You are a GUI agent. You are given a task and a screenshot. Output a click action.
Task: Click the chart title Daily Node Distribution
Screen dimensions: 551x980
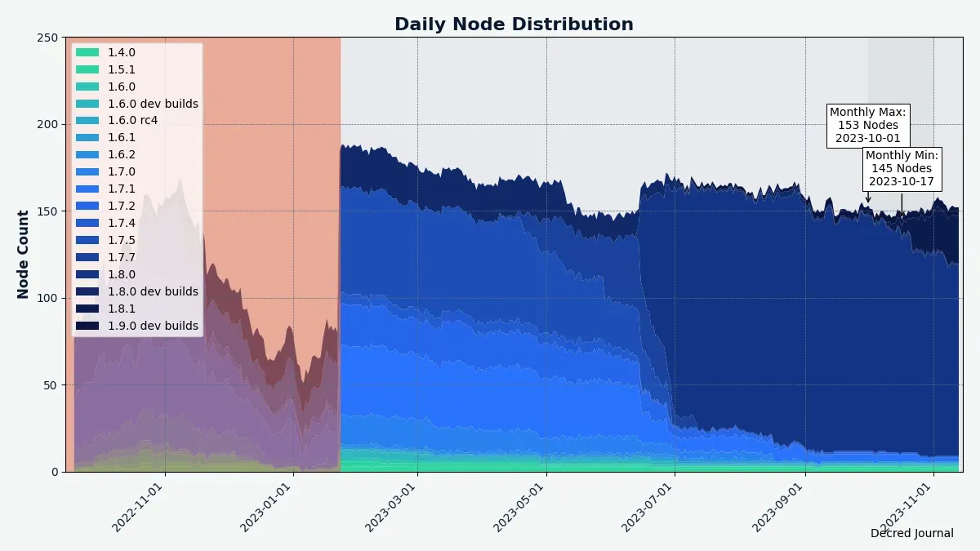(514, 24)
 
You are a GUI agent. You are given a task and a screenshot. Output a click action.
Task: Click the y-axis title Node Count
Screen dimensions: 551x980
(23, 255)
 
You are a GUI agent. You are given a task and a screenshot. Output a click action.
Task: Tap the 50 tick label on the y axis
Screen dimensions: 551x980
(51, 384)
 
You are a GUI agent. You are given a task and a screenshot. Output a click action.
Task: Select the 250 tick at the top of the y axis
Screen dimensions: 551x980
(48, 38)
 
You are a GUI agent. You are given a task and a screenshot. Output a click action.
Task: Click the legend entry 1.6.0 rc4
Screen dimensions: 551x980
(132, 121)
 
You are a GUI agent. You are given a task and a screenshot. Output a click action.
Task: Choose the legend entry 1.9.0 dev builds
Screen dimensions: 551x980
(153, 326)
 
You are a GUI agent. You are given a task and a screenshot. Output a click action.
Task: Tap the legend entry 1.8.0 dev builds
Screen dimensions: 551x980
(153, 291)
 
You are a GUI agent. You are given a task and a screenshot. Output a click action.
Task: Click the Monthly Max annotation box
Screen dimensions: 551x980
(867, 125)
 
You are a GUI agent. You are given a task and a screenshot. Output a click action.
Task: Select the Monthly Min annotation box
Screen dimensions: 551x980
(902, 168)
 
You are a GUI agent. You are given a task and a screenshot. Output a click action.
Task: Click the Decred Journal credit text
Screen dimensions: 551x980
(911, 533)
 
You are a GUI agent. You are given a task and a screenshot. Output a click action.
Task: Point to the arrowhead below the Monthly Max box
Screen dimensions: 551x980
(868, 200)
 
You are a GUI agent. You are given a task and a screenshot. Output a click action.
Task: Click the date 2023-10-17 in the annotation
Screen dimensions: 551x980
(902, 181)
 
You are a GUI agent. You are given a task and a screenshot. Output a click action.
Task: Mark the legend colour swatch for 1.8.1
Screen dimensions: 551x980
(87, 309)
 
